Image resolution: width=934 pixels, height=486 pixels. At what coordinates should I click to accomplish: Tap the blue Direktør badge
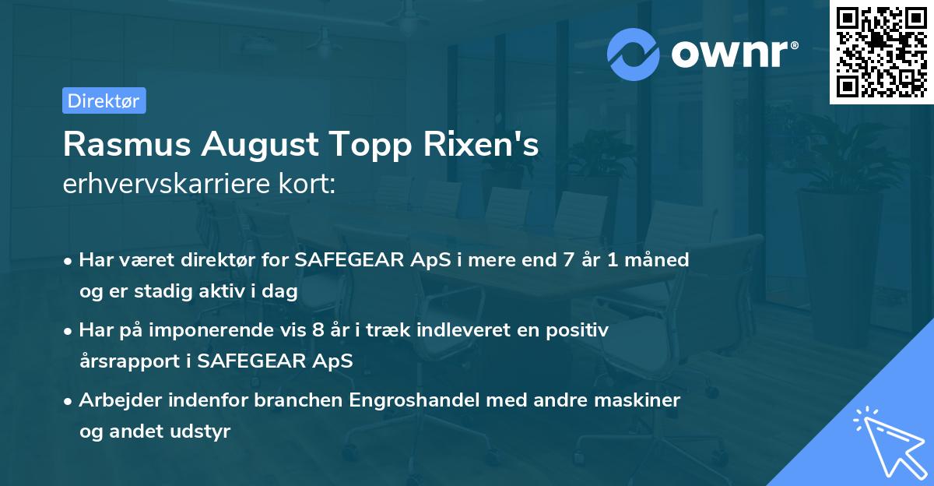(104, 100)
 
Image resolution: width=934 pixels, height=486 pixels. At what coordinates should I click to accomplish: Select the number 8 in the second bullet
(317, 330)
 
